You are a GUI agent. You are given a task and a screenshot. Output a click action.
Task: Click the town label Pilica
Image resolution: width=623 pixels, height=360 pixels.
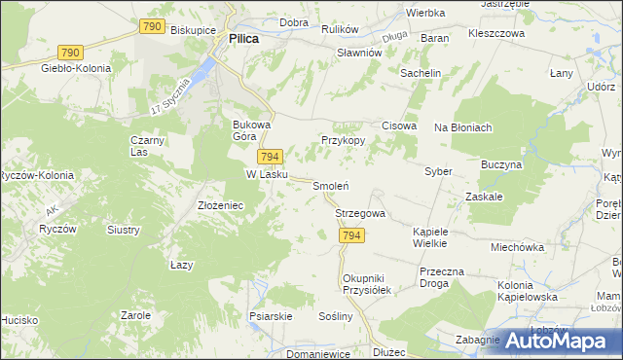tap(243, 40)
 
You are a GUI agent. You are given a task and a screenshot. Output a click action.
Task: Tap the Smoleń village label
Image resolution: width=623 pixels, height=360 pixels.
tap(330, 185)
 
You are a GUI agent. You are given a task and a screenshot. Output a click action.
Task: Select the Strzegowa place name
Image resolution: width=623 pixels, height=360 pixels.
tap(360, 213)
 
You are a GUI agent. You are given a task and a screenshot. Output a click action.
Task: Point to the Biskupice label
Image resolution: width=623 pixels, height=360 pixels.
tap(192, 30)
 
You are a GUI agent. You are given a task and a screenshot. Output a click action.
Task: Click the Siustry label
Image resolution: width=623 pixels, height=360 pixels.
tap(124, 231)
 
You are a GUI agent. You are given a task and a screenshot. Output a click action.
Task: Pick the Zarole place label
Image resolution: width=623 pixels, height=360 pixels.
tap(135, 315)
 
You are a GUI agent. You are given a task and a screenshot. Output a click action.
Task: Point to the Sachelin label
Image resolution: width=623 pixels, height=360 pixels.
tap(421, 73)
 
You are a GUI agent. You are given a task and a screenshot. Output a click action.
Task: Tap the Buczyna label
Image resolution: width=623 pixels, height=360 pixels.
tap(501, 165)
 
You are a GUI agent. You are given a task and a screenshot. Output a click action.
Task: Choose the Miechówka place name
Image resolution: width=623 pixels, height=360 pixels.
tap(517, 247)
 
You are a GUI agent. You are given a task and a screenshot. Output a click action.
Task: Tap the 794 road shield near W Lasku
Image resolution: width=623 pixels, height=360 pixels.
tap(271, 157)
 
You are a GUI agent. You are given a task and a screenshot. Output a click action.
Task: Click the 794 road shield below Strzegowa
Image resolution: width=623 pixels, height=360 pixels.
tap(352, 235)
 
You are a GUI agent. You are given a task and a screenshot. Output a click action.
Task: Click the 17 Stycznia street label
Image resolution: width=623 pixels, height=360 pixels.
tap(173, 92)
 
